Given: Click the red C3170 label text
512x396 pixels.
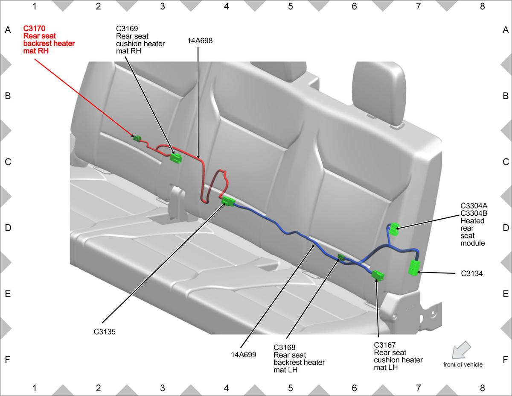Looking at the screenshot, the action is pyautogui.click(x=34, y=29).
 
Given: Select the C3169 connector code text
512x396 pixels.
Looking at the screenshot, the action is pyautogui.click(x=127, y=29).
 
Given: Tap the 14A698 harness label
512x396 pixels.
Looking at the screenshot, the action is pyautogui.click(x=200, y=41).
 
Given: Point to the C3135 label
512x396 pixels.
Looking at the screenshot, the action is pyautogui.click(x=105, y=331).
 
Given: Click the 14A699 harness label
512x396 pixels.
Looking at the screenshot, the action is pyautogui.click(x=243, y=355).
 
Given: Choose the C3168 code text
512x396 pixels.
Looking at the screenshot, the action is pyautogui.click(x=285, y=347).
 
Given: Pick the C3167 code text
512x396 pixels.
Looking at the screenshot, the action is pyautogui.click(x=385, y=345).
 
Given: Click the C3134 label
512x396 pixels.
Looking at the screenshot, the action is pyautogui.click(x=472, y=273).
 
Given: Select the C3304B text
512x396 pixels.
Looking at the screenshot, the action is pyautogui.click(x=474, y=213).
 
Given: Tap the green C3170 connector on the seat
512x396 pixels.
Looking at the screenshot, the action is pyautogui.click(x=137, y=138).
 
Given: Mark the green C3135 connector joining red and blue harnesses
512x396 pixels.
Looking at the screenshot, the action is pyautogui.click(x=228, y=201).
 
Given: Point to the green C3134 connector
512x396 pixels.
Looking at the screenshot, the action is pyautogui.click(x=414, y=267).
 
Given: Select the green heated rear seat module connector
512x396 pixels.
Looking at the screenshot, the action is pyautogui.click(x=394, y=229).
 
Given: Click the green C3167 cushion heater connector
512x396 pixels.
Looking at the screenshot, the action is pyautogui.click(x=378, y=275).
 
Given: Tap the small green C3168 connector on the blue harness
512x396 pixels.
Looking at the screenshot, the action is pyautogui.click(x=341, y=257).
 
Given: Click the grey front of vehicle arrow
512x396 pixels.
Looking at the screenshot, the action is pyautogui.click(x=461, y=350).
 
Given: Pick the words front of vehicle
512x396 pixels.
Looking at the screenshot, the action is pyautogui.click(x=463, y=365).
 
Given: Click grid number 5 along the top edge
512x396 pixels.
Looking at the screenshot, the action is pyautogui.click(x=290, y=6).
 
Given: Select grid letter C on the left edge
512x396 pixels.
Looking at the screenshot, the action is pyautogui.click(x=8, y=162).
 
